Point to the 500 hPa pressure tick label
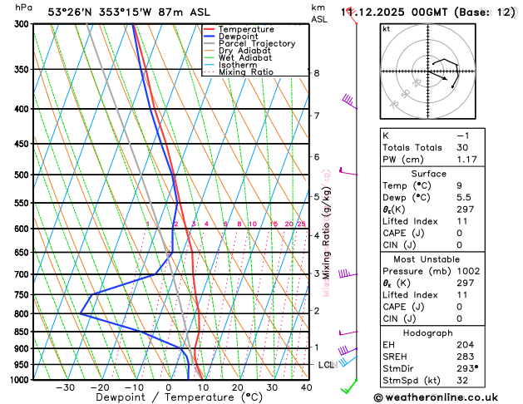click(x=22, y=175)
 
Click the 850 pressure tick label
click(x=22, y=333)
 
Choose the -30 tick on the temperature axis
click(x=65, y=387)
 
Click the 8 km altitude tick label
click(x=317, y=73)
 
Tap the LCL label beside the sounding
click(x=326, y=365)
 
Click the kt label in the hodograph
click(x=386, y=28)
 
